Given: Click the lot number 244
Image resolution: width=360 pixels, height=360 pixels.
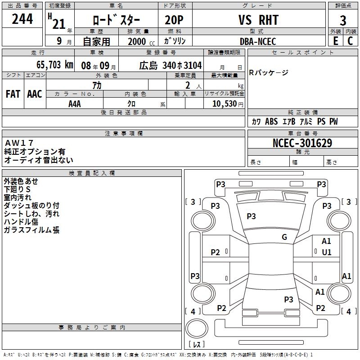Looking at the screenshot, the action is (22, 19).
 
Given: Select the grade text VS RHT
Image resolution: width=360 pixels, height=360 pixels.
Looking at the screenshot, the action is (258, 20).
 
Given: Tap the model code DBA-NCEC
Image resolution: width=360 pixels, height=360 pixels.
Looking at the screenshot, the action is (258, 41).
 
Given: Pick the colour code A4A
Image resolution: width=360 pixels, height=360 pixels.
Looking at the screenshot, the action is (75, 103).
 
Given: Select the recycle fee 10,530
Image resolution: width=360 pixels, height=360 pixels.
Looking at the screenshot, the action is (224, 103).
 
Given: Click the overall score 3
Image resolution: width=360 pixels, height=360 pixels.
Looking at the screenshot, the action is (343, 20).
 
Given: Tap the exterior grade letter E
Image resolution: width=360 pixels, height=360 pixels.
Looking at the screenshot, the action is (335, 41).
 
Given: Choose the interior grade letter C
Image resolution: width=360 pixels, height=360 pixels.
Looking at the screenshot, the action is (350, 41).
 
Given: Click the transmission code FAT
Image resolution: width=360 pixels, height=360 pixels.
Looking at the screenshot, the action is (13, 94).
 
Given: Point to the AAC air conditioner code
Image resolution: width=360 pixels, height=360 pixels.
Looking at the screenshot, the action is (34, 94).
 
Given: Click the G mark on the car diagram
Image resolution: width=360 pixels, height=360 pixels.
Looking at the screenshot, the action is (284, 237).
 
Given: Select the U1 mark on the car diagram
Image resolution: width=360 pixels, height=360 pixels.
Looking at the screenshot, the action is (327, 252).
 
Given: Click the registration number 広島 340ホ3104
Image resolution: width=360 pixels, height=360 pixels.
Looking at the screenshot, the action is (170, 65).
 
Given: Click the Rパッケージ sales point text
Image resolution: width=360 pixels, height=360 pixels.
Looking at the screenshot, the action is (269, 73).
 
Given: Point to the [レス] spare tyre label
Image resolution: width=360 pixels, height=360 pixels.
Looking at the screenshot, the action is (197, 344).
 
